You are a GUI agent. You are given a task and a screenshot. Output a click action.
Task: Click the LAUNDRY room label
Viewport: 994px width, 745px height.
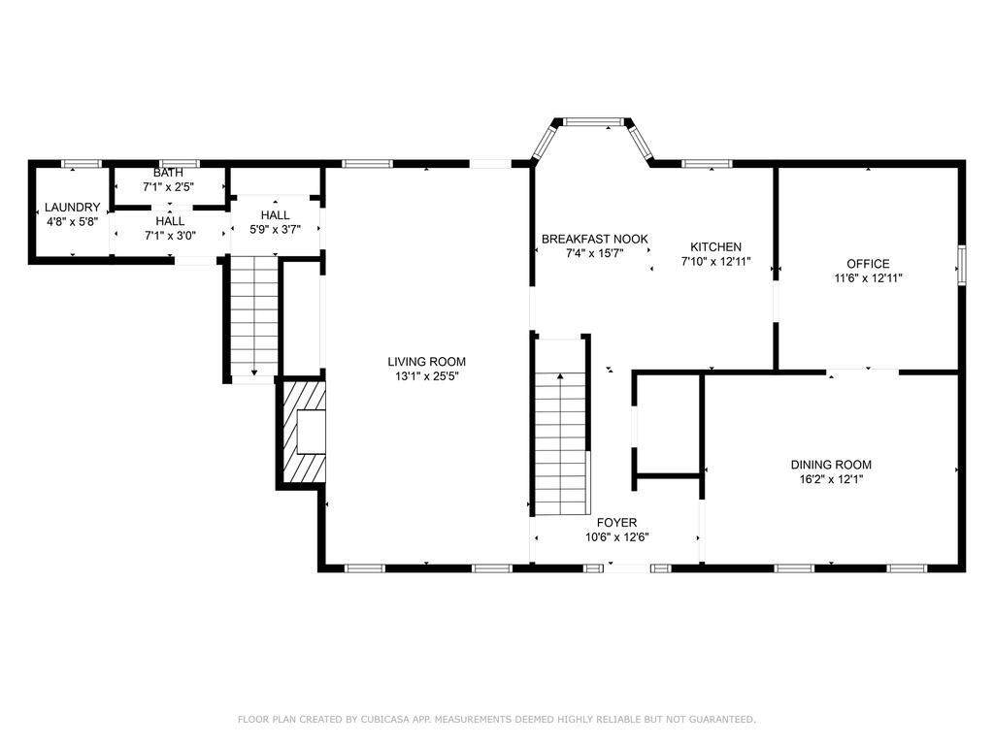pos(72,208)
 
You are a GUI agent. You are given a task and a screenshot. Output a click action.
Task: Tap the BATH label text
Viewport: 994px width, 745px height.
pos(168,173)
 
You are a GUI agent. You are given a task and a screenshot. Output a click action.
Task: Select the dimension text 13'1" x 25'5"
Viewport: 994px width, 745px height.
pos(427,376)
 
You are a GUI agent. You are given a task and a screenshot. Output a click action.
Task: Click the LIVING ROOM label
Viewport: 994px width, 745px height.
pos(427,362)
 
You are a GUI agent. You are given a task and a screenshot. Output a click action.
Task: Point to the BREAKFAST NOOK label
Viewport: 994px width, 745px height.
pos(595,239)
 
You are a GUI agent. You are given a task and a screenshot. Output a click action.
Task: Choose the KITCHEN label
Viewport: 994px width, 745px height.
pos(715,247)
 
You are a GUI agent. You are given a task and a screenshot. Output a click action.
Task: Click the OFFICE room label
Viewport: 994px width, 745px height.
pos(868,264)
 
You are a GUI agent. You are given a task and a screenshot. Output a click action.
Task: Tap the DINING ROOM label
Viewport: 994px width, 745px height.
pos(831,465)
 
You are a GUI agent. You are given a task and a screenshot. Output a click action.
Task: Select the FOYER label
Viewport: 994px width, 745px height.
pos(616,523)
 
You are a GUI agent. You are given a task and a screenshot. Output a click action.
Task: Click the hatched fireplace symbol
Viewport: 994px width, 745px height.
pos(303,432)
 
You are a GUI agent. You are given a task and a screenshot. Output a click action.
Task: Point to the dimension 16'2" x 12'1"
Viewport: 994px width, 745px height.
pos(831,479)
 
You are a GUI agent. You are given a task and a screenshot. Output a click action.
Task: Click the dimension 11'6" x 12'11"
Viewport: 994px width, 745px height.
pos(868,278)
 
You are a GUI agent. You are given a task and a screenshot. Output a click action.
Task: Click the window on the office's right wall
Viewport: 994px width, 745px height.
pos(961,266)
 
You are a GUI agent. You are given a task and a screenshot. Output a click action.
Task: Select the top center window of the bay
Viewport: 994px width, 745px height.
pos(594,121)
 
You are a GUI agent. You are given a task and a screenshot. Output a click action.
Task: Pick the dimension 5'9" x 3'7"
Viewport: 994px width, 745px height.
pos(275,230)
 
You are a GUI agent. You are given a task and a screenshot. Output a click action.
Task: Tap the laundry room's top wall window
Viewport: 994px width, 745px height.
pos(82,164)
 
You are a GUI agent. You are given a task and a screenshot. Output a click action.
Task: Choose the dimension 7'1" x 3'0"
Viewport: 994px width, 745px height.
pos(170,236)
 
